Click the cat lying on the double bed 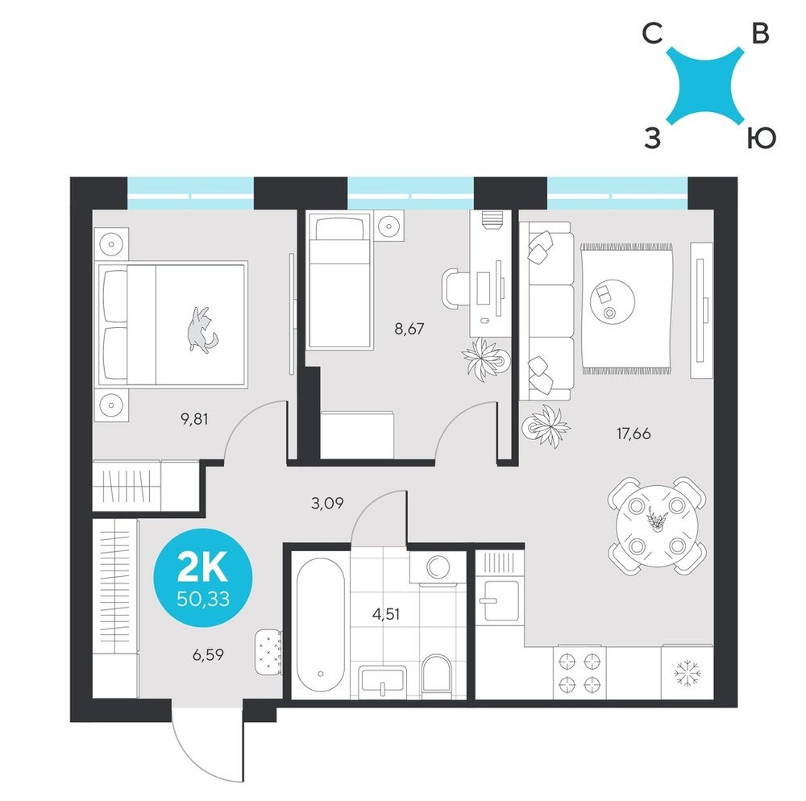(x=201, y=330)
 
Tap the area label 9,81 (x=194, y=420)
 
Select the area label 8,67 (x=409, y=329)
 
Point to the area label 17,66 (x=634, y=434)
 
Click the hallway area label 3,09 (x=327, y=503)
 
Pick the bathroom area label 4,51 (x=386, y=614)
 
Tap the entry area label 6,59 (x=208, y=655)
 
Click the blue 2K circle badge (x=204, y=578)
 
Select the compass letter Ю (x=761, y=139)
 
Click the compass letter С (x=652, y=35)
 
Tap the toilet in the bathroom (x=436, y=676)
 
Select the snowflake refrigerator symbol (x=688, y=673)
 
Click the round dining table (x=657, y=526)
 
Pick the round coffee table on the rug (x=613, y=301)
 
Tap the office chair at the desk (x=455, y=288)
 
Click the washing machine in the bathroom (x=438, y=567)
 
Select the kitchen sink (x=498, y=600)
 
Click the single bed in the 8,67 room (x=339, y=281)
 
